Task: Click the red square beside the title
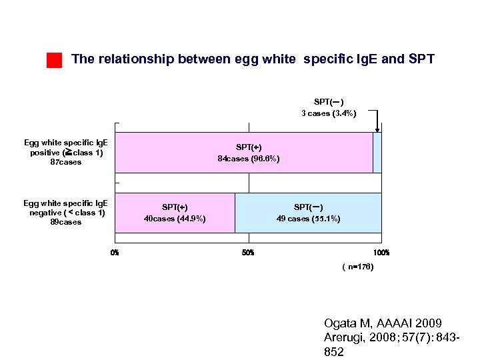pos(54,60)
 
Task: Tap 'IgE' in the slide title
pos(365,59)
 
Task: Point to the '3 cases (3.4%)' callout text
pos(329,113)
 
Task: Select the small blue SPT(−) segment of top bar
pos(377,153)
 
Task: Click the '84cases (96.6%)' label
pos(249,159)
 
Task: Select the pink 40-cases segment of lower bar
pos(175,213)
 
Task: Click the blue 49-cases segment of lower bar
pos(308,213)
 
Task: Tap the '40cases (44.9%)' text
pos(175,219)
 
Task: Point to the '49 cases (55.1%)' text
pos(308,219)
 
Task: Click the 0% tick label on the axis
pos(115,253)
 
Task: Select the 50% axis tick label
pos(248,253)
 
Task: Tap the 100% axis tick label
pos(381,253)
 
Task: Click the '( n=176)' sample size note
pos(358,267)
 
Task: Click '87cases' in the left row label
pos(66,162)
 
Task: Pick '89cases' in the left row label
pos(66,222)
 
